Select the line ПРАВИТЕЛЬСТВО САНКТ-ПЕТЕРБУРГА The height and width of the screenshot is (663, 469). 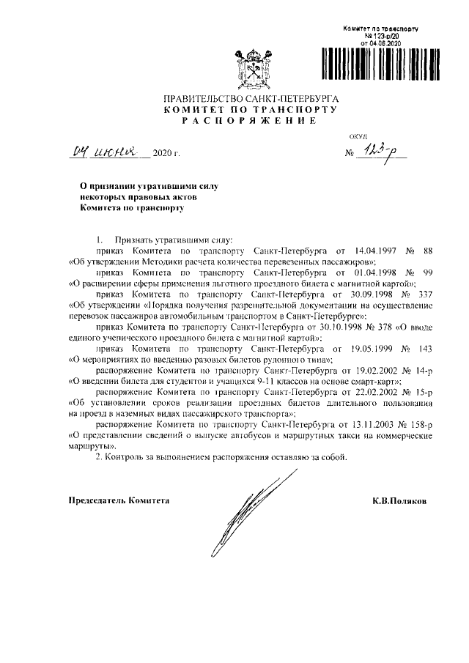[250, 97]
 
